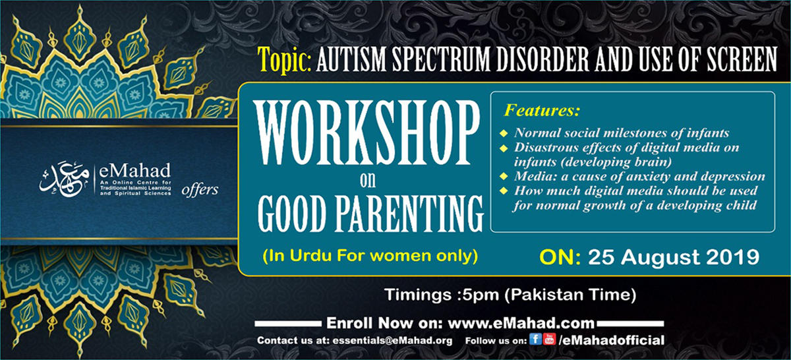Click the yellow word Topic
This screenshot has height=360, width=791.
pyautogui.click(x=284, y=60)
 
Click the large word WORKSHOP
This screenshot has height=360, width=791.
pyautogui.click(x=366, y=133)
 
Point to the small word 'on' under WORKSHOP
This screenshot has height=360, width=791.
pyautogui.click(x=368, y=180)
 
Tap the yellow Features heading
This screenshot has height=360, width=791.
pyautogui.click(x=542, y=110)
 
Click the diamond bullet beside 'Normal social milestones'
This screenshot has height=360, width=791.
pyautogui.click(x=504, y=134)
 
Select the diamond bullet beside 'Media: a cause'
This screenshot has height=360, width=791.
pyautogui.click(x=504, y=176)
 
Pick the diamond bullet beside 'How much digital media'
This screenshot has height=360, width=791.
pyautogui.click(x=504, y=191)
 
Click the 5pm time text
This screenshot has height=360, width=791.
pyautogui.click(x=481, y=295)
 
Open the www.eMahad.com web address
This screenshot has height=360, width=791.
pyautogui.click(x=521, y=323)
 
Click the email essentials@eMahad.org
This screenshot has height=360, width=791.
pyautogui.click(x=392, y=341)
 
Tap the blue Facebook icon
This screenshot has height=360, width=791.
pyautogui.click(x=535, y=339)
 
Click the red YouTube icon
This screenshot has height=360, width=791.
pyautogui.click(x=549, y=339)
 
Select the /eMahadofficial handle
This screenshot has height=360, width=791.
pyautogui.click(x=611, y=340)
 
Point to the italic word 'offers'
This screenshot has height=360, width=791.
pyautogui.click(x=200, y=190)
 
